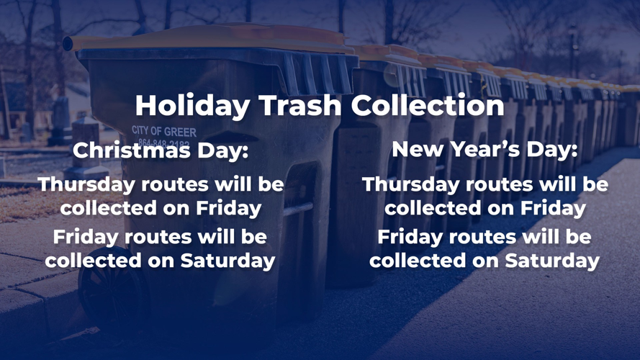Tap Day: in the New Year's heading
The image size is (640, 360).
pos(551,150)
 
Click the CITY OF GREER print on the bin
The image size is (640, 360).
pos(164,132)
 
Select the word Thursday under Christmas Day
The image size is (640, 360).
pos(85,184)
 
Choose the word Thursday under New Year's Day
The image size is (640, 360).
pos(410,184)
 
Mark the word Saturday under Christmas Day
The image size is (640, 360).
pos(227,260)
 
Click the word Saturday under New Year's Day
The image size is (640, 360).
pos(552,260)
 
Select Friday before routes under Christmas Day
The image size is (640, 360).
pos(86,236)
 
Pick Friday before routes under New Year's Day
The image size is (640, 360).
pos(411,236)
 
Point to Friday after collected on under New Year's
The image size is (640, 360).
pos(554,208)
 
